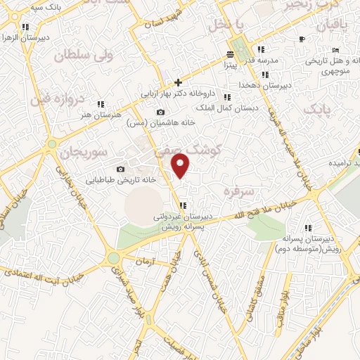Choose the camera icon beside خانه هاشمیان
pos(161,112)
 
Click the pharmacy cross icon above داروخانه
pos(178,82)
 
